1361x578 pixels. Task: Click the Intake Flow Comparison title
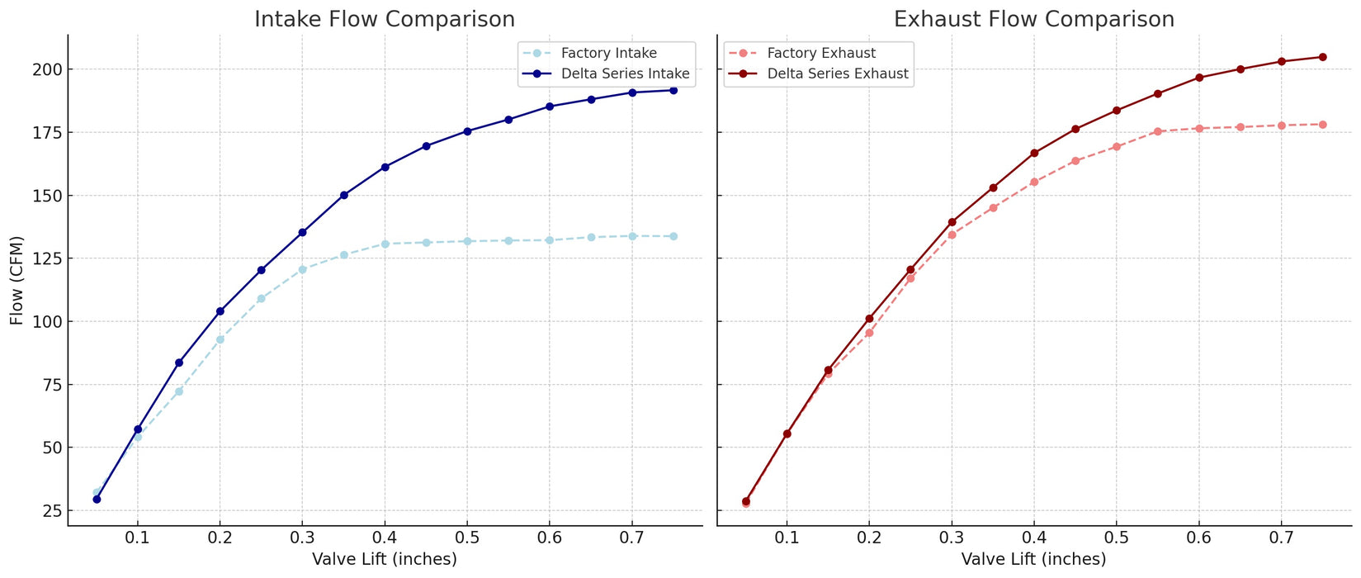[x=385, y=19]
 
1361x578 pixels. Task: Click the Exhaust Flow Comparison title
[x=1034, y=19]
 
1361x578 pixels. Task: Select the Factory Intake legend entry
[x=609, y=54]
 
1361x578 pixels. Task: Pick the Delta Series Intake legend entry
[x=625, y=73]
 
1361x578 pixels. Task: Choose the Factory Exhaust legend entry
[x=821, y=54]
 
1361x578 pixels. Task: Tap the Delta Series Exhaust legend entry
[x=838, y=73]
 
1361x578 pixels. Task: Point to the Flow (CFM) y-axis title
[x=17, y=281]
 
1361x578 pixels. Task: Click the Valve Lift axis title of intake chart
[x=385, y=560]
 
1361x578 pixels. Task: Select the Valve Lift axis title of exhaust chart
[x=1034, y=560]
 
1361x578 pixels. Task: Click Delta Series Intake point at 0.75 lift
[x=673, y=90]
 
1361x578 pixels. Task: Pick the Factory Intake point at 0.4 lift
[x=385, y=244]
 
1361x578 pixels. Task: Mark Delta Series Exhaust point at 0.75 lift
[x=1322, y=57]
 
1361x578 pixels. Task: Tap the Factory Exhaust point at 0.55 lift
[x=1157, y=131]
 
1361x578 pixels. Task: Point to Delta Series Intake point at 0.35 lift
[x=343, y=195]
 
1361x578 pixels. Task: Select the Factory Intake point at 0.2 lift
[x=220, y=339]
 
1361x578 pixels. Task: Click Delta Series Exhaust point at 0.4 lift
[x=1034, y=153]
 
